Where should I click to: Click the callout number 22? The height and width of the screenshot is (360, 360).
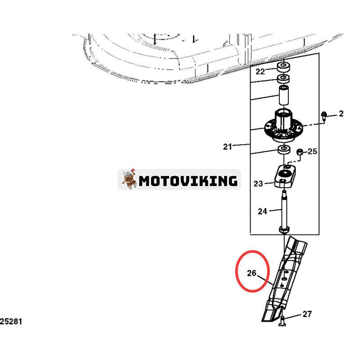(x=261, y=72)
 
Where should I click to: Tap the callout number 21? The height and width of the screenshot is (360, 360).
(x=228, y=147)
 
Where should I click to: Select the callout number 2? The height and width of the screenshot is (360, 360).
(x=341, y=113)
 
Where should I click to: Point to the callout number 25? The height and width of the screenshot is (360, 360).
(x=312, y=151)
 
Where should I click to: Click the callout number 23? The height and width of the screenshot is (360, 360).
(x=258, y=184)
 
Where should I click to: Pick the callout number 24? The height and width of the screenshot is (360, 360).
(x=262, y=211)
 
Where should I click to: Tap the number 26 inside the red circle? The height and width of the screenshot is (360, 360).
(x=252, y=273)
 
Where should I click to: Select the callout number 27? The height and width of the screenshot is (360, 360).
(x=307, y=314)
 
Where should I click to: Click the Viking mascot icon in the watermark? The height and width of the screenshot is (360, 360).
(x=129, y=179)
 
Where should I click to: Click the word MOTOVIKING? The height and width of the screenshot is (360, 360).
(x=188, y=181)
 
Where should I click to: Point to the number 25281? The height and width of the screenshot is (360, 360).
(x=11, y=321)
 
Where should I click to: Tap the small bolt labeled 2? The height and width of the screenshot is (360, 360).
(x=324, y=117)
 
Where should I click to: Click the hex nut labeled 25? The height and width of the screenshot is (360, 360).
(x=300, y=152)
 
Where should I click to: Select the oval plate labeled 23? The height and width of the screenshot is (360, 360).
(x=285, y=176)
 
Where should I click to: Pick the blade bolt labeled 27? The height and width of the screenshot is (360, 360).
(x=283, y=321)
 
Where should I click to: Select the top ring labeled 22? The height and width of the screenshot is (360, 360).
(x=283, y=67)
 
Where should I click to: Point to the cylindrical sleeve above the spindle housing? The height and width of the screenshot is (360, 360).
(x=284, y=95)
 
